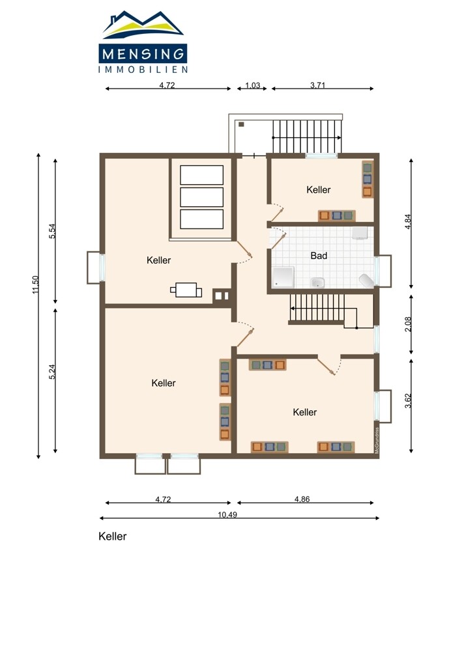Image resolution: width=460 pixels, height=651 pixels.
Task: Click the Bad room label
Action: point(319,256)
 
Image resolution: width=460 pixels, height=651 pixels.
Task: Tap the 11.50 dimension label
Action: point(36,285)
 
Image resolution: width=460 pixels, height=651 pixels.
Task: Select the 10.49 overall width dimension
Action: point(227,515)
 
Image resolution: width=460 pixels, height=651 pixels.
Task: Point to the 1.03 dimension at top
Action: point(252,85)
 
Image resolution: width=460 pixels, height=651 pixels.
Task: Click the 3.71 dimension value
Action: point(317,85)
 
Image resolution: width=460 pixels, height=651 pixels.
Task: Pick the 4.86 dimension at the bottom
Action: point(302,499)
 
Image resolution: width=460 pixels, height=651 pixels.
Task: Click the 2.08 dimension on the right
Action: point(408,324)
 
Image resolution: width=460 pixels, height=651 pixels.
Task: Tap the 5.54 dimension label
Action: point(52,231)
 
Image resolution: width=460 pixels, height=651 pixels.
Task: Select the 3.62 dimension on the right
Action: point(408,400)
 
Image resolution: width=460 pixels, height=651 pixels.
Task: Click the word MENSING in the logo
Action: point(143,54)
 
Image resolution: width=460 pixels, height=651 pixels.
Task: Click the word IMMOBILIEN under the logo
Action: point(143,70)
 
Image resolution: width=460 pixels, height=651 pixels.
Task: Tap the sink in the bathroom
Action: point(317,283)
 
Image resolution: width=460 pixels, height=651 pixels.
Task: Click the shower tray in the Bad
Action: point(283,277)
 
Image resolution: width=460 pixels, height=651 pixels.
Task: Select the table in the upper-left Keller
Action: point(186,290)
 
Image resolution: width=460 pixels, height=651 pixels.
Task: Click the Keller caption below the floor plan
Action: point(112,536)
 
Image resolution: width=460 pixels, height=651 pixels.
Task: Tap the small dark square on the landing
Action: point(241,124)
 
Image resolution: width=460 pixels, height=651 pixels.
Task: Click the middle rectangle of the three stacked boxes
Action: point(201,197)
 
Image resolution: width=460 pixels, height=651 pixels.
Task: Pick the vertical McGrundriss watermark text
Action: point(377,440)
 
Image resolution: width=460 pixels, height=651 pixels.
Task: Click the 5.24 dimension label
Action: point(52,372)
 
